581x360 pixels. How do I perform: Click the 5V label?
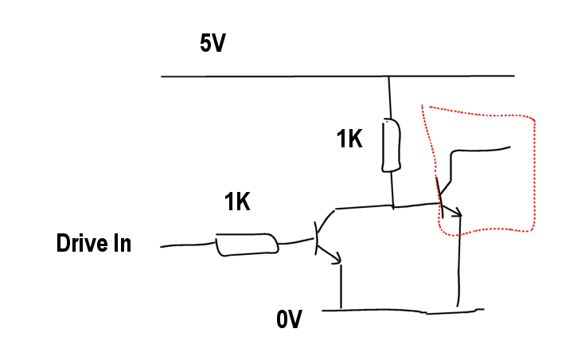point(213,43)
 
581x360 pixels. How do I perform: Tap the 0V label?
point(290,320)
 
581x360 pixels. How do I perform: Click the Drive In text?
point(93,244)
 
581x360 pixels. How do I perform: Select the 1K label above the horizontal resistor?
point(236,202)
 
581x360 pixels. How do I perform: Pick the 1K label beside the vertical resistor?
point(349,139)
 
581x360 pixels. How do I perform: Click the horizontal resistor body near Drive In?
point(247,245)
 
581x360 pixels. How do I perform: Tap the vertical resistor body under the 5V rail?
point(390,146)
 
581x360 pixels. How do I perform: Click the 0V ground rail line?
point(398,310)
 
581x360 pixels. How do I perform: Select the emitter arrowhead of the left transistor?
point(338,258)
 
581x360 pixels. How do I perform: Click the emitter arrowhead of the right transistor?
point(457,213)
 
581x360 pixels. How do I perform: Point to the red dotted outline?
point(533,175)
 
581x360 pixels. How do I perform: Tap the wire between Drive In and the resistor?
point(187,245)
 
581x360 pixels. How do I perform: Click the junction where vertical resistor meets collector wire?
point(392,207)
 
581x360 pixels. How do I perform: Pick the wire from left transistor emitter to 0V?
point(341,287)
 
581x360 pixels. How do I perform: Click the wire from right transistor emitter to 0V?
point(458,263)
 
